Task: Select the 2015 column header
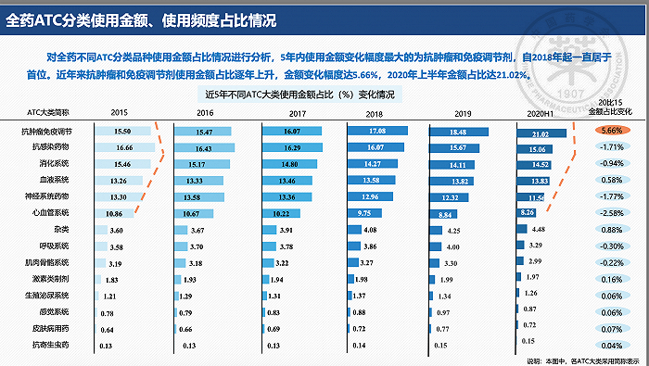pos(119,112)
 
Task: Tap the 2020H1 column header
pos(538,112)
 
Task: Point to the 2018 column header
pos(374,112)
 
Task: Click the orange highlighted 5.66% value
pos(611,131)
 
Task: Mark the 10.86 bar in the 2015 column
pos(115,213)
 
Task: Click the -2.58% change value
pos(611,213)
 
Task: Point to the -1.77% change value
pos(611,196)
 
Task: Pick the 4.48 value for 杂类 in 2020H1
pos(538,229)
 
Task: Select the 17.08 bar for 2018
pos(375,133)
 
